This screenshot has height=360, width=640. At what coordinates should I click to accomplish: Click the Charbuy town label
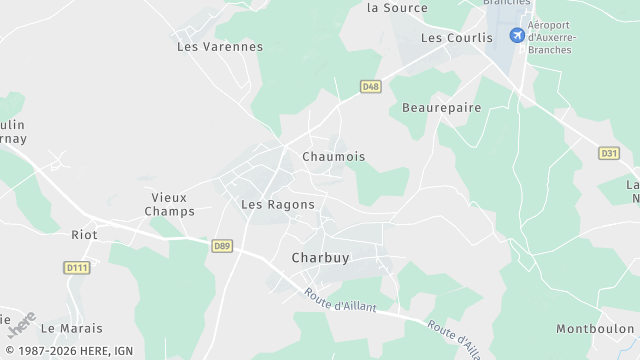tap(320, 258)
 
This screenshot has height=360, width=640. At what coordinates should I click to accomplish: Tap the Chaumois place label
tap(333, 157)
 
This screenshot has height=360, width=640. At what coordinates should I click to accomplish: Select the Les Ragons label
tap(278, 205)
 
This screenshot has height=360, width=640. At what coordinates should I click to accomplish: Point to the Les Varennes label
tap(220, 47)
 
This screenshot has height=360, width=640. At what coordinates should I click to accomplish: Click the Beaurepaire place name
tap(441, 108)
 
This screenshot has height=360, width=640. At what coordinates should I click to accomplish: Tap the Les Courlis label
tap(457, 38)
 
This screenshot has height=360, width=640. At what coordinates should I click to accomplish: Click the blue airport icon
tap(517, 37)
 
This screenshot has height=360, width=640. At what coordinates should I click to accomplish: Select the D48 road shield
tap(371, 87)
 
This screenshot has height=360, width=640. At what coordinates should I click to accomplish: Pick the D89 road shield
tap(222, 244)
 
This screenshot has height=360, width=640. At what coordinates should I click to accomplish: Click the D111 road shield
tap(76, 267)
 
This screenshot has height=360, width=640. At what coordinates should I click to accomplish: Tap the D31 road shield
tap(609, 153)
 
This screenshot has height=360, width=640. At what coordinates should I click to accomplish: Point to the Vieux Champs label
tap(169, 204)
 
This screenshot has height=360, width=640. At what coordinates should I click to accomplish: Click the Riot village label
tap(83, 235)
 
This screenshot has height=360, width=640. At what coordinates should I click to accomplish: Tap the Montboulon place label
tap(595, 329)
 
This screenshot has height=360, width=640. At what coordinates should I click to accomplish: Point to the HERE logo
tap(21, 326)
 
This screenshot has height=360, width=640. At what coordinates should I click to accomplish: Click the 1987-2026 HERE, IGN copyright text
tap(69, 351)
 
